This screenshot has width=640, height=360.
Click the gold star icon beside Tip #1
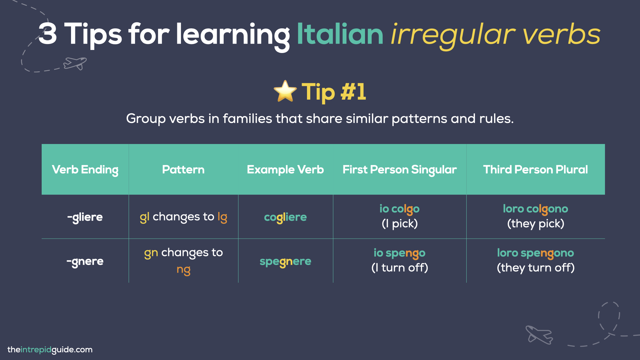point(285,91)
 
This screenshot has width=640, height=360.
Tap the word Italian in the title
point(340,34)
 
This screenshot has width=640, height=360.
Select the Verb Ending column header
point(85,170)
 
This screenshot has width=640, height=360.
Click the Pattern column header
point(183,170)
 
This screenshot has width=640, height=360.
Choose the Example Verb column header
point(285,170)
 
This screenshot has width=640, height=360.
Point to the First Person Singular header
point(400,170)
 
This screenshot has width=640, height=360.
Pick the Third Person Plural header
point(535,170)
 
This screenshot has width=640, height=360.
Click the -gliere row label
point(85,217)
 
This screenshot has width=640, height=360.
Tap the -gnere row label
point(85,261)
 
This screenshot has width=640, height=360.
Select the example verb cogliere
point(285,217)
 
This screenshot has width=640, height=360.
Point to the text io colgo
point(399,209)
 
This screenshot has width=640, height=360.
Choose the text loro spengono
point(535,253)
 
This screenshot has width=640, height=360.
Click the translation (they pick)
point(535,224)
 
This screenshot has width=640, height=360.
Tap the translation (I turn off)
point(399,268)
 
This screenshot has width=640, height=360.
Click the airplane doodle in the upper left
point(75,63)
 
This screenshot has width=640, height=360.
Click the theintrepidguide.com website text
point(50,350)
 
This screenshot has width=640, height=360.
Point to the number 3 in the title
point(48,34)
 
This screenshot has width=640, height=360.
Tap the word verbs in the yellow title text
point(561,34)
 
